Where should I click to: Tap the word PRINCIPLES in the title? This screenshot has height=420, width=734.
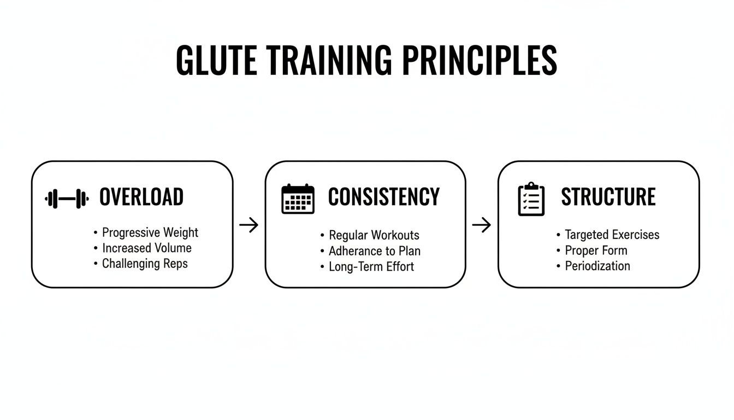tap(480, 60)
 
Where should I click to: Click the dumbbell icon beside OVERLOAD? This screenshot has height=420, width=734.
tap(67, 199)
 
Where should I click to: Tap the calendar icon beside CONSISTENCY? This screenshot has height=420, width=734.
tap(298, 199)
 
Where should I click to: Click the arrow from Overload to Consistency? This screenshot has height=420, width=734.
tap(249, 225)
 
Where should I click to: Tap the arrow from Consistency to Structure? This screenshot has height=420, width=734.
tap(482, 225)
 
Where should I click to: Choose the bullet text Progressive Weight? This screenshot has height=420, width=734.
tap(150, 232)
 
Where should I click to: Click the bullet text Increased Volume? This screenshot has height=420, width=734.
tap(147, 248)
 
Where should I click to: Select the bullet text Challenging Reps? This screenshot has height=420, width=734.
tap(145, 264)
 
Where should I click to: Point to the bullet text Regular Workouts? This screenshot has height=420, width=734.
tap(374, 236)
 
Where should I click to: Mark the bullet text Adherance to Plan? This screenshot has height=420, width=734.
tap(375, 252)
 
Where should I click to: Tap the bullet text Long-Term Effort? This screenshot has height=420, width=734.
tap(371, 267)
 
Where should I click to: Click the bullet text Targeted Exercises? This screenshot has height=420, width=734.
tap(612, 235)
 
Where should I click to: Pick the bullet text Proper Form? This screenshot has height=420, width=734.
tap(596, 250)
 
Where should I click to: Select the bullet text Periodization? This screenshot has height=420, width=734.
tap(597, 266)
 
